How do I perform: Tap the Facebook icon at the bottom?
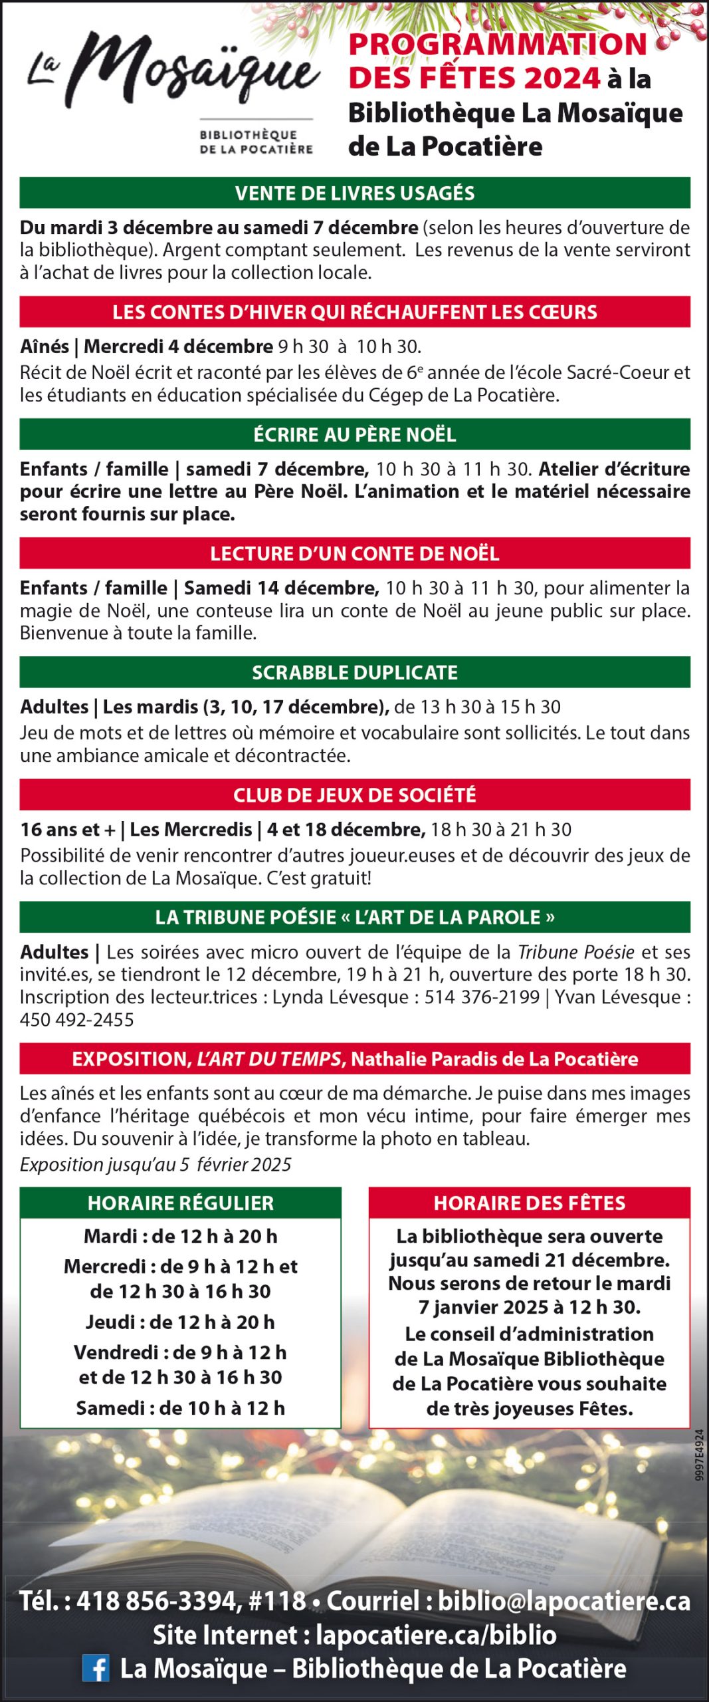[96, 1668]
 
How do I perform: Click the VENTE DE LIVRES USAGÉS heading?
[355, 193]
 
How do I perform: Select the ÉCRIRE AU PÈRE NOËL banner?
[355, 435]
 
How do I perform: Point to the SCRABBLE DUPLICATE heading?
[355, 672]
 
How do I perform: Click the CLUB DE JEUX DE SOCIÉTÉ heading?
[355, 794]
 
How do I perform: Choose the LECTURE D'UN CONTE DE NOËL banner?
[355, 553]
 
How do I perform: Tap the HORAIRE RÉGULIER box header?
[181, 1203]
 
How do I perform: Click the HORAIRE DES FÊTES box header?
[530, 1203]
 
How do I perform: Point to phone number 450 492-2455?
[77, 1019]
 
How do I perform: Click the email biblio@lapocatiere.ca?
[564, 1601]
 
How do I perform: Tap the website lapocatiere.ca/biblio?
[436, 1635]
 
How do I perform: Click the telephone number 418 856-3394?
[159, 1601]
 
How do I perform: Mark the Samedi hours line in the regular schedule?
[181, 1407]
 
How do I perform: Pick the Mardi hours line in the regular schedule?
[181, 1236]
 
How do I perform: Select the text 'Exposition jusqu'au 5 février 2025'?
[155, 1164]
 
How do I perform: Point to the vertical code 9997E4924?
[699, 1463]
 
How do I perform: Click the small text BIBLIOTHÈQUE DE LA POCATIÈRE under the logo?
[256, 142]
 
